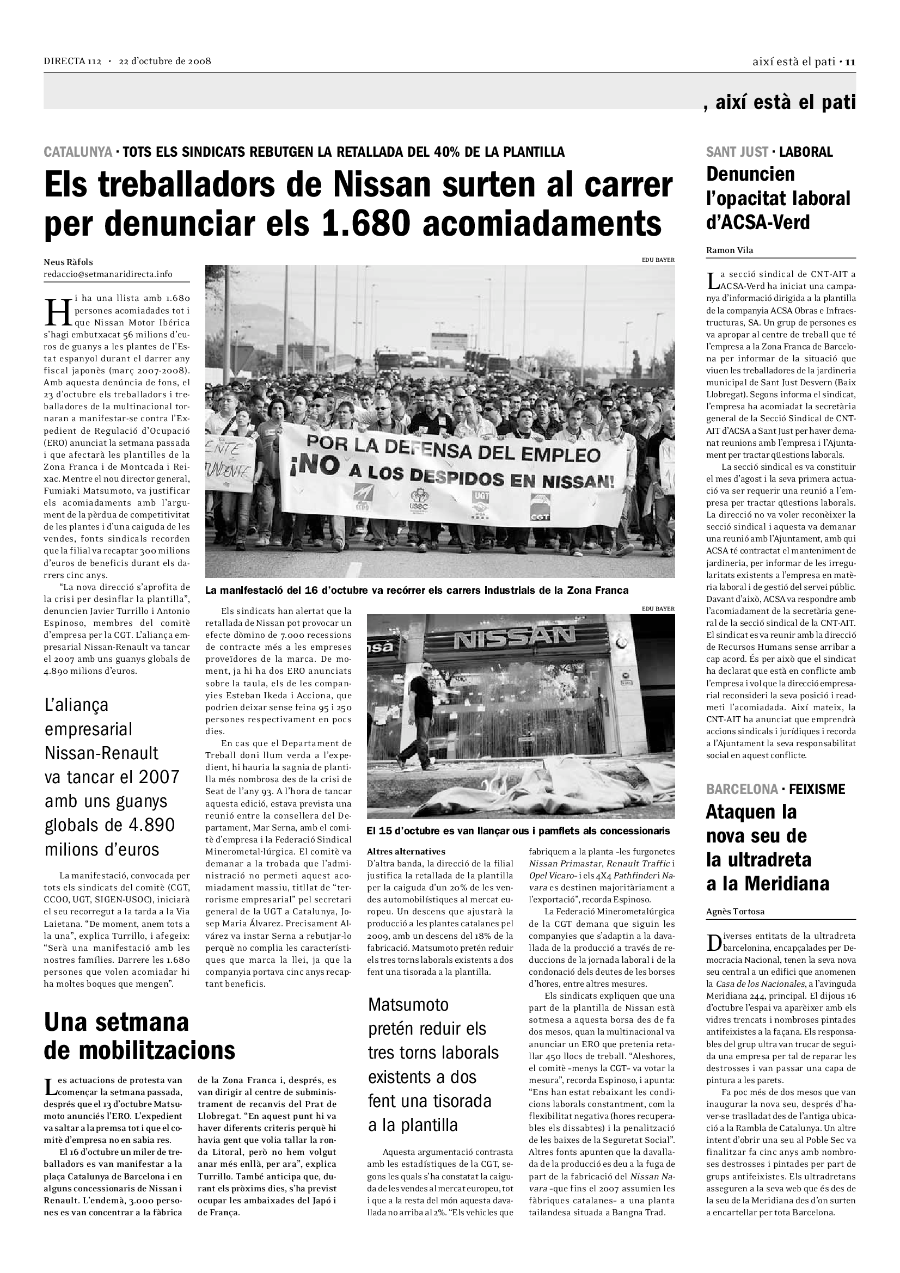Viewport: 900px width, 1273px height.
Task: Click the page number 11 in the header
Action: coord(850,62)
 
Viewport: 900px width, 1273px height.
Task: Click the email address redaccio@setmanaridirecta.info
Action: coord(108,274)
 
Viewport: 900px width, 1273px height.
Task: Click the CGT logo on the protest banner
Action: coord(540,507)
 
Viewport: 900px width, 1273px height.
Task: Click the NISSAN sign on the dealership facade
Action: coord(515,638)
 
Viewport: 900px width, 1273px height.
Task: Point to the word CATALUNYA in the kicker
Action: coord(78,152)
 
